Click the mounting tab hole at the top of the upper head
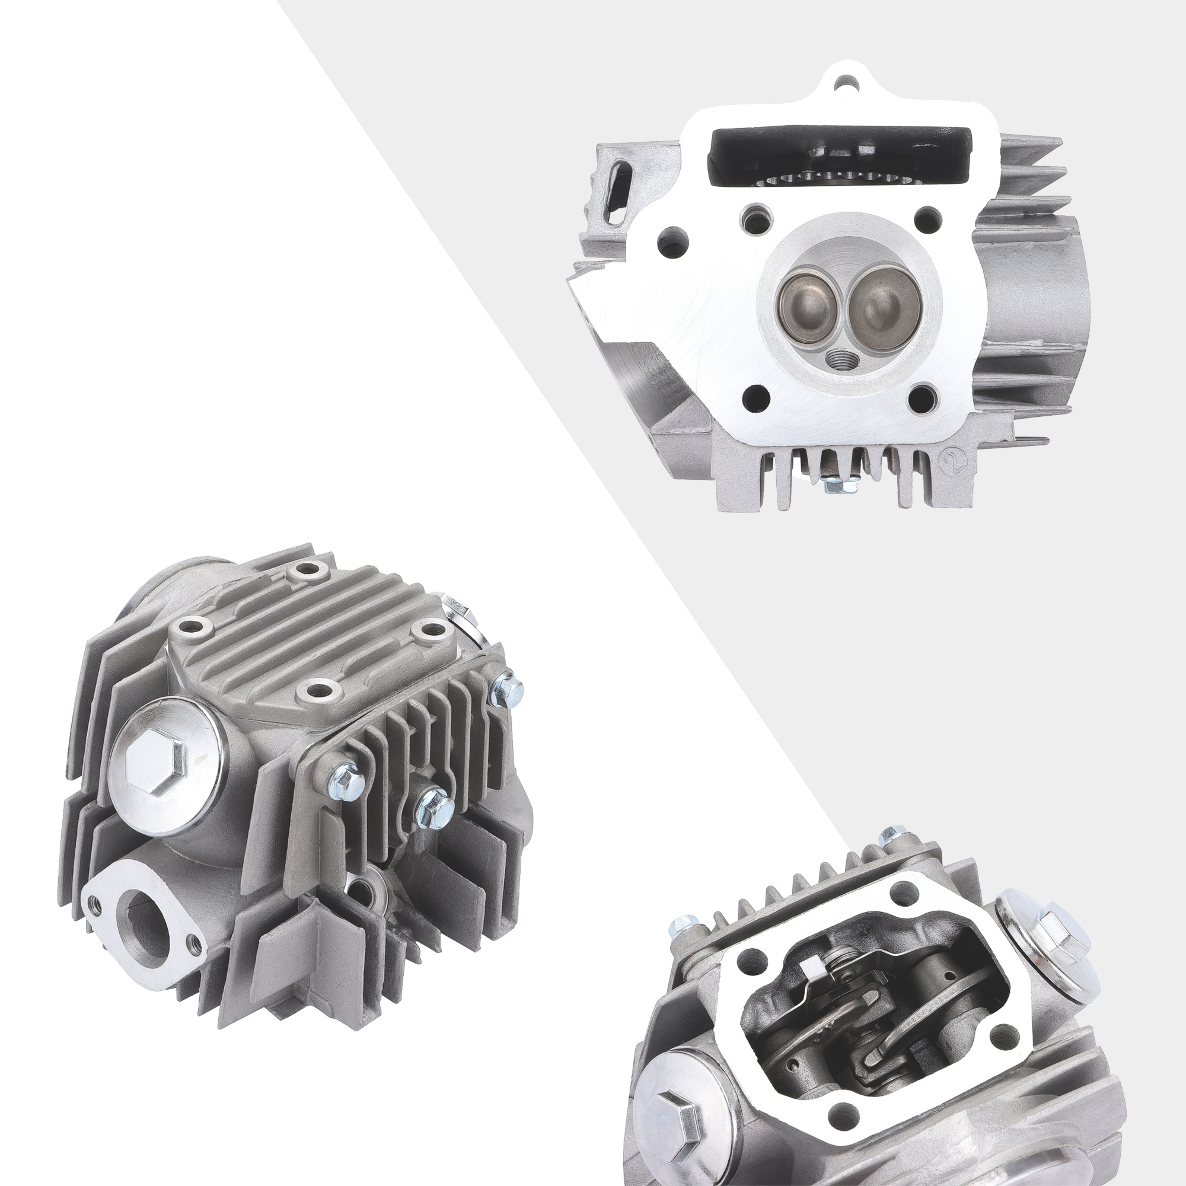[848, 81]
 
